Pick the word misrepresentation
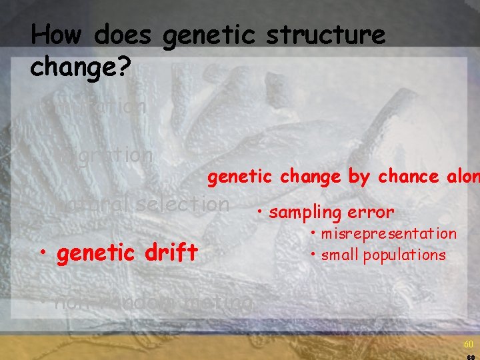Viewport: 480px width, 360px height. pyautogui.click(x=389, y=234)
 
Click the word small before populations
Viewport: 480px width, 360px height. pyautogui.click(x=339, y=255)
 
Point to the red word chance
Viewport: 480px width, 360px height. pyautogui.click(x=406, y=177)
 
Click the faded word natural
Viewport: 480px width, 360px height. pyautogui.click(x=93, y=204)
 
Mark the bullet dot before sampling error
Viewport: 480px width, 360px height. pyautogui.click(x=259, y=213)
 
